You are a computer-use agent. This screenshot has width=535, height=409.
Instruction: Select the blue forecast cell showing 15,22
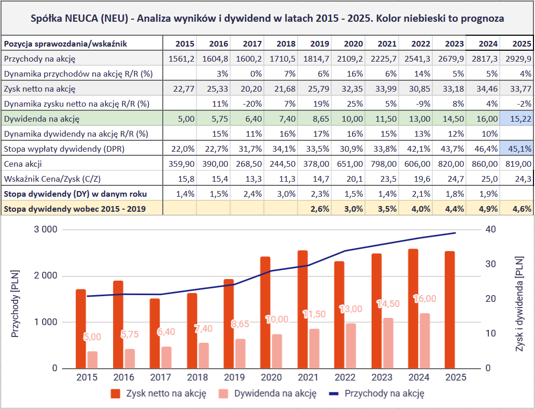517,119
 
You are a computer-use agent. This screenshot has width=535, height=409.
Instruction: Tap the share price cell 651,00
350,164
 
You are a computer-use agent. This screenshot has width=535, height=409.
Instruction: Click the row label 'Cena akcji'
22,164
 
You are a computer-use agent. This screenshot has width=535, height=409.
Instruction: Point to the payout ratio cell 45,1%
517,149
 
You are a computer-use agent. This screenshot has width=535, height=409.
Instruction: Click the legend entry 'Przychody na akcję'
384,393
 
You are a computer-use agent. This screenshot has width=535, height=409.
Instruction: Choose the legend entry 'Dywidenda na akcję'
275,393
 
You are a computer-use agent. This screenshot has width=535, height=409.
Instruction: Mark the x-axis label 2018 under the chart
198,377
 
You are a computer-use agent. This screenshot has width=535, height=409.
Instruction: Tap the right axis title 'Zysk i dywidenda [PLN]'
519,298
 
